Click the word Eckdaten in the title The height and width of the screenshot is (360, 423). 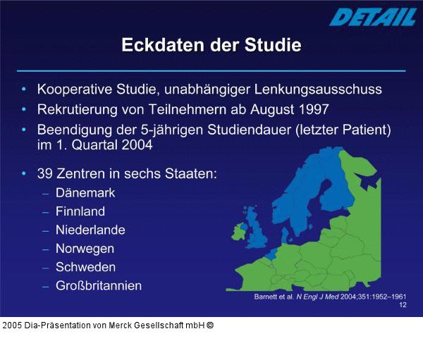161,45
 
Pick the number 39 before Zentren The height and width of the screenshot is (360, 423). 46,173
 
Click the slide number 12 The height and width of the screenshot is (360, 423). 403,305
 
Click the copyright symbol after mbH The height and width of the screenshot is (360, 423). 209,325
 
